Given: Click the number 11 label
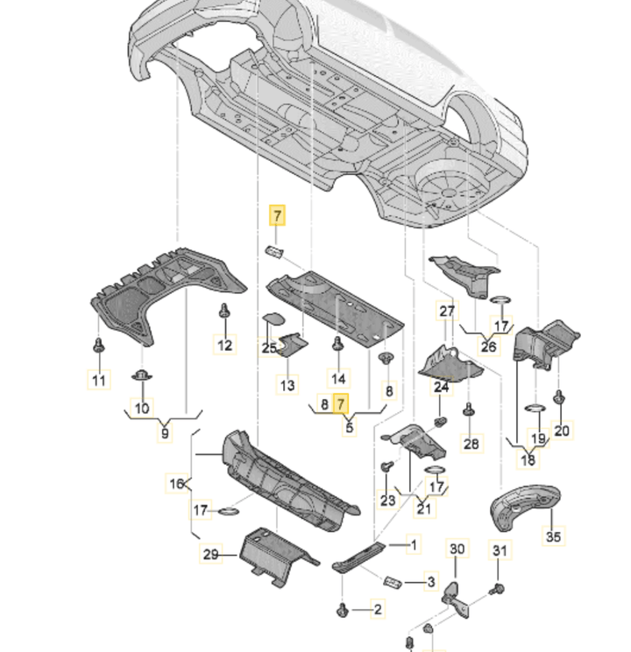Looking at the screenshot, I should coord(98,380).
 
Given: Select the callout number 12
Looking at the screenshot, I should coord(225,345).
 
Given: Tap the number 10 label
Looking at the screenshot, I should coord(142,408).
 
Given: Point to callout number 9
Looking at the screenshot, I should coord(165,431).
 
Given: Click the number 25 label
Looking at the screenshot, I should coord(268,348).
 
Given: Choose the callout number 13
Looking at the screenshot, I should coord(287,384).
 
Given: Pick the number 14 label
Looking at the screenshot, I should coord(337,378).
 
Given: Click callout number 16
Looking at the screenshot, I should coord(177,482).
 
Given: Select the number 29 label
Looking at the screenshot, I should coord(210,554).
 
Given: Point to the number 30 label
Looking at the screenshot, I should coord(457,549).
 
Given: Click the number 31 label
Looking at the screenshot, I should coord(499,550).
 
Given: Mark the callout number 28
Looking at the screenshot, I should coord(471,444).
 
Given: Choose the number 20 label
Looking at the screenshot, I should coord(562,430).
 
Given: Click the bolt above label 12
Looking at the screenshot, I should coord(223,312).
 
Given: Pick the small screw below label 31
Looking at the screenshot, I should coord(498,588).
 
